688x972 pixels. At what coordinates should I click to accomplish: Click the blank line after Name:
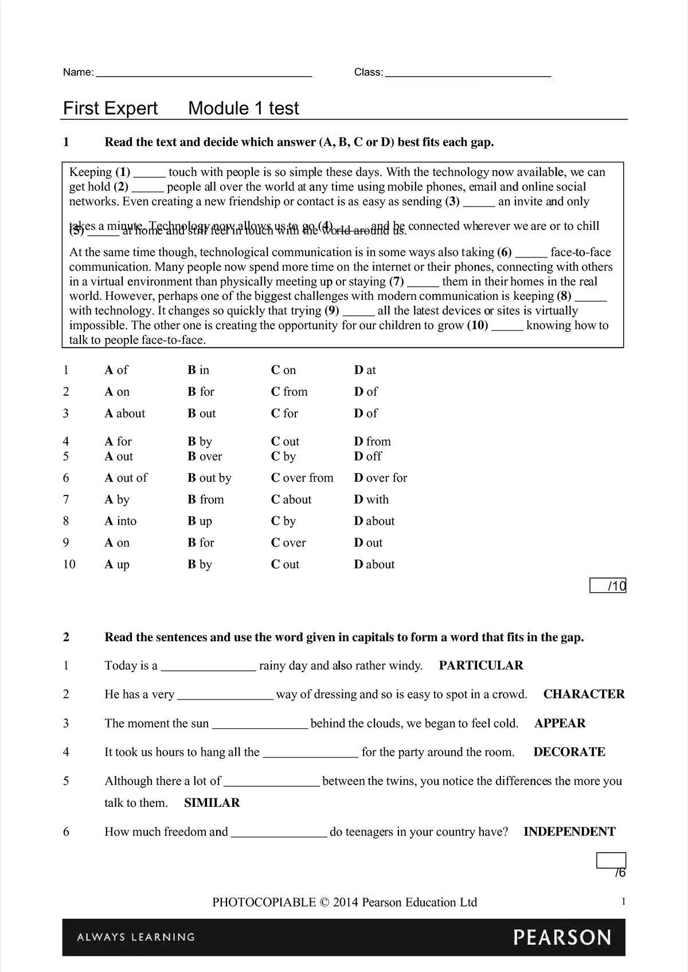204,73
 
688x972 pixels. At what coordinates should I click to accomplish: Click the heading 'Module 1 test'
244,108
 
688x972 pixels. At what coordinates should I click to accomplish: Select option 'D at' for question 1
365,370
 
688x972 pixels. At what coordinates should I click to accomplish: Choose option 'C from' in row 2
290,392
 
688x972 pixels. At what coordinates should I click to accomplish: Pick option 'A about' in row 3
125,413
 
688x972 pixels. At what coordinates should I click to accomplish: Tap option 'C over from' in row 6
302,478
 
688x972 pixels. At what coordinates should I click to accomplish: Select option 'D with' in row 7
372,500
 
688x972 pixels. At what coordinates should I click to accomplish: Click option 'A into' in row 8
121,521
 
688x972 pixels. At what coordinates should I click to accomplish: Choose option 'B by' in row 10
200,565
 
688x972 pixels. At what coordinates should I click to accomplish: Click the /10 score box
608,586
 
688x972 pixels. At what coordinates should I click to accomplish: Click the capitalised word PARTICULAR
481,666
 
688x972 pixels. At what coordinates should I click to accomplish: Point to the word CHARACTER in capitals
584,694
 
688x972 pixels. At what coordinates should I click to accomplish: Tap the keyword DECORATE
569,752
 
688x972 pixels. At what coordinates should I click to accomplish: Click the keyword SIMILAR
212,803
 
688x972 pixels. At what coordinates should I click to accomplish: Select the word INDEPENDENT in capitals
569,832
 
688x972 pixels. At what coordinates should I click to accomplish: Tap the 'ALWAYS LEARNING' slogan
136,938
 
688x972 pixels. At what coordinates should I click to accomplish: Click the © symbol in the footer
324,903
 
